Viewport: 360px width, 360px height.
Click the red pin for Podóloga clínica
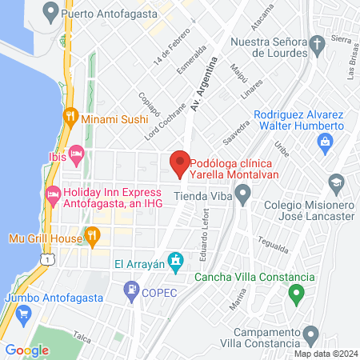pos(180,162)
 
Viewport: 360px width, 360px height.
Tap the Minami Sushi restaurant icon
pos(70,115)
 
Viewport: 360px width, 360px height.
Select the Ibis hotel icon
pos(77,152)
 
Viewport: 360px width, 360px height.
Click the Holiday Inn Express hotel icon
pos(54,194)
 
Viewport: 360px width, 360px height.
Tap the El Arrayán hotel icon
pos(178,261)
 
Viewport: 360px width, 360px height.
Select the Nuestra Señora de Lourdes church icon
pos(317,41)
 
